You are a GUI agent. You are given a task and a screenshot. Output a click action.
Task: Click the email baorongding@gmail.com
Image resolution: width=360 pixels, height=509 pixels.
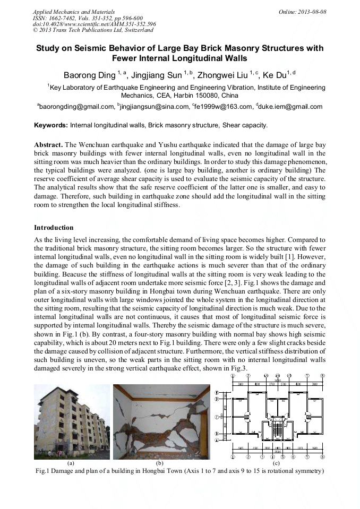pyautogui.click(x=75, y=107)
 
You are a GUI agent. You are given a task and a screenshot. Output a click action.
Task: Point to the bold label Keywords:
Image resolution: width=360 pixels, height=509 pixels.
pyautogui.click(x=51, y=126)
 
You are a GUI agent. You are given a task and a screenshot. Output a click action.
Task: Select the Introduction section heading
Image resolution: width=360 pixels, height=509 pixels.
pyautogui.click(x=54, y=228)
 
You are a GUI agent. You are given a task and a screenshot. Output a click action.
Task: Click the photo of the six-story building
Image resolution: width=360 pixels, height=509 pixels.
pyautogui.click(x=71, y=421)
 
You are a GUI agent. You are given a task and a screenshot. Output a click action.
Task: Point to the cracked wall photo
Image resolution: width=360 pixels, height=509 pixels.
pyautogui.click(x=161, y=421)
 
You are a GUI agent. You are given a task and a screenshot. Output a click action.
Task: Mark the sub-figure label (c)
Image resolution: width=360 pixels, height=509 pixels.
pyautogui.click(x=276, y=463)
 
